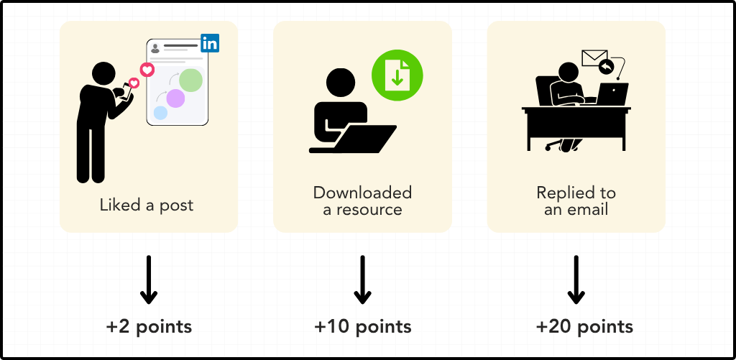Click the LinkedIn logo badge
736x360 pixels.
pos(210,43)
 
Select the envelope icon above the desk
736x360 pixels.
pos(594,57)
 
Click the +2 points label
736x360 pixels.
pos(149,327)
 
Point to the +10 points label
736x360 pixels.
pos(363,327)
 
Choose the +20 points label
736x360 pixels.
pos(584,327)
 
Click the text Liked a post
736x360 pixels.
pos(147,206)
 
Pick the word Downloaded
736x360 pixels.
pos(362,193)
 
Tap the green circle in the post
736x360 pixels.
pos(190,80)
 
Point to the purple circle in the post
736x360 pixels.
pos(175,98)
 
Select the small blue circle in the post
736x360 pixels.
pos(160,113)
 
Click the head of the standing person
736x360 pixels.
pos(103,73)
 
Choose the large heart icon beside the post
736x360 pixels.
pos(147,70)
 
